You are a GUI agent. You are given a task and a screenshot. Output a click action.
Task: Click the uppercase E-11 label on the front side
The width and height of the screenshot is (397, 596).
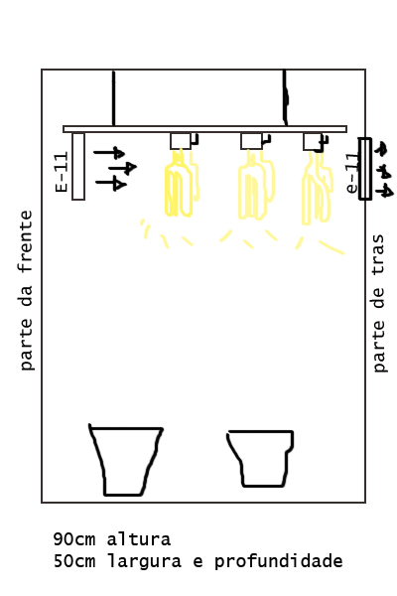[x=62, y=172]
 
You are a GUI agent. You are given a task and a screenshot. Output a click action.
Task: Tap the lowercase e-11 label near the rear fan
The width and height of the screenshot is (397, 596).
[x=352, y=173]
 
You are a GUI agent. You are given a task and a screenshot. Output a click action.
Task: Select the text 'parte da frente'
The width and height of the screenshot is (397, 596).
[x=26, y=290]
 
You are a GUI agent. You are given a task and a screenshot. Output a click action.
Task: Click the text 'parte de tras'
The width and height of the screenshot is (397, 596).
[x=378, y=303]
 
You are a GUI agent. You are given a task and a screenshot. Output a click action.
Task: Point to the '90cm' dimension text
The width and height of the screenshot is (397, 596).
[x=74, y=539]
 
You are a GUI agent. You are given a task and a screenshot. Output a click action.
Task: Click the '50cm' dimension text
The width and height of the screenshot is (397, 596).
[x=74, y=561]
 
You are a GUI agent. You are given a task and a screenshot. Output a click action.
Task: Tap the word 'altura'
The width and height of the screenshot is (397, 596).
[x=139, y=539]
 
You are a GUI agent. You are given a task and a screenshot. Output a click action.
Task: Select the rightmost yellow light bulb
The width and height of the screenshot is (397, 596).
[x=318, y=188]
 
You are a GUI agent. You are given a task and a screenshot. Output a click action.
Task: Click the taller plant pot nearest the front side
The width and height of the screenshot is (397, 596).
[x=126, y=460]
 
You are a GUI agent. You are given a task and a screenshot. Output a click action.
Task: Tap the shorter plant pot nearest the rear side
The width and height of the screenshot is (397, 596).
[x=261, y=458]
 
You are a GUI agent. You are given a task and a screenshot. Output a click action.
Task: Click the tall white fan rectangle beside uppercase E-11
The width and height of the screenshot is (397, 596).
[x=78, y=166]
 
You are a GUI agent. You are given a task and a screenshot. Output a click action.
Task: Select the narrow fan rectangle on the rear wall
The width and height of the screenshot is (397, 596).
[x=365, y=169]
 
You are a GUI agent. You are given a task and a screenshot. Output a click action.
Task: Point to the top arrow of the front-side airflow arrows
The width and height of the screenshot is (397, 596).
[x=109, y=153]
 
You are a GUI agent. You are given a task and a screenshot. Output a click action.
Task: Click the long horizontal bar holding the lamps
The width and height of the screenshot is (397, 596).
[x=204, y=129]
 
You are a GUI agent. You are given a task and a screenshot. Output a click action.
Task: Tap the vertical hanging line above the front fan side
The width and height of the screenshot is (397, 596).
[x=113, y=97]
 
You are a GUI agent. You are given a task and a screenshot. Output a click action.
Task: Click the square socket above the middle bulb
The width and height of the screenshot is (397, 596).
[x=251, y=141]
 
